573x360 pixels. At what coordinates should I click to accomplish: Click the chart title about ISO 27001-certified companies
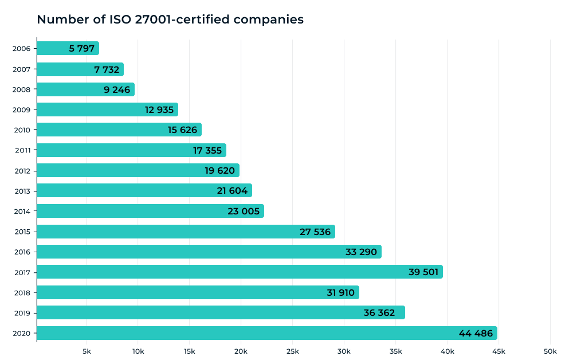click(170, 19)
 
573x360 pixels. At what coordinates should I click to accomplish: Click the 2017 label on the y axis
click(21, 272)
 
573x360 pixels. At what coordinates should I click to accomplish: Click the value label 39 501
click(423, 272)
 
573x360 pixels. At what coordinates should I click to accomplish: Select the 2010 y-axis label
click(21, 130)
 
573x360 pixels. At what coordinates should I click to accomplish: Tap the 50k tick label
click(550, 351)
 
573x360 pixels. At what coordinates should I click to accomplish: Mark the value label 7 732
click(107, 69)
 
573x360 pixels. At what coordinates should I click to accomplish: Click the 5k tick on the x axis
click(87, 351)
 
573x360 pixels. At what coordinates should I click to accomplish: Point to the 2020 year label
click(21, 333)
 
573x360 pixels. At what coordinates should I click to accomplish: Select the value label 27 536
click(315, 232)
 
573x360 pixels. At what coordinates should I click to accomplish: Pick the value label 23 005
click(244, 211)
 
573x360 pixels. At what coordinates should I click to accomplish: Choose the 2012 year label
click(21, 170)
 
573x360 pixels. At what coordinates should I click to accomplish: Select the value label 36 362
click(379, 312)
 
